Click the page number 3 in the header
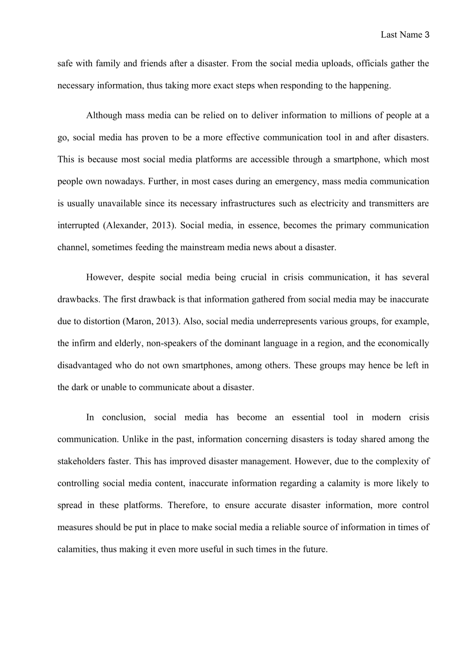click(x=427, y=35)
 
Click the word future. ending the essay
click(x=315, y=549)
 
